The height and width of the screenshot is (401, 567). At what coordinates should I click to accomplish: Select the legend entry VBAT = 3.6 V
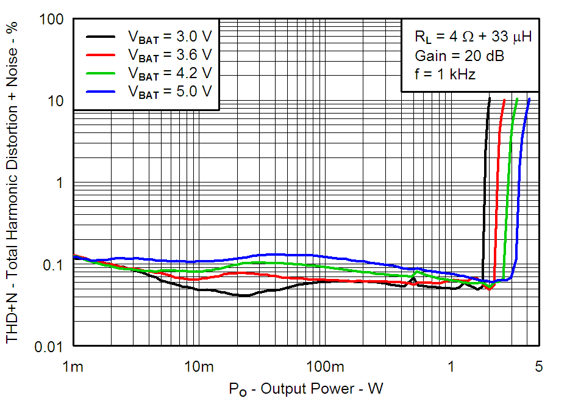coord(169,54)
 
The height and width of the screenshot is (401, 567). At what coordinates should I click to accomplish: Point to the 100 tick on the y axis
coord(52,20)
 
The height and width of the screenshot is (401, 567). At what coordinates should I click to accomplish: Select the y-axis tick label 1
coord(60,183)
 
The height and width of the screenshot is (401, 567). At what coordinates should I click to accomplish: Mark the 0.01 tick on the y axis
coord(50,347)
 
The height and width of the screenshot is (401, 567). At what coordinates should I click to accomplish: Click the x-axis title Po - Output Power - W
coord(306,388)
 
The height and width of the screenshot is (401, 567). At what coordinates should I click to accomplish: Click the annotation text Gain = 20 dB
coord(459,56)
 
